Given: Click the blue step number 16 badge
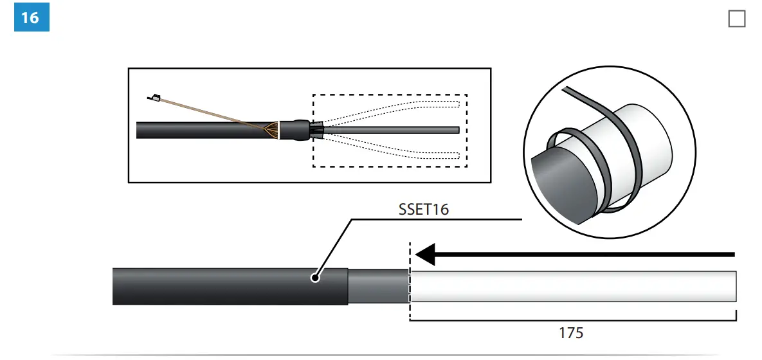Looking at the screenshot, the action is click(x=31, y=17).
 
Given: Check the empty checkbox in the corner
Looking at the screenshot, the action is click(x=736, y=19).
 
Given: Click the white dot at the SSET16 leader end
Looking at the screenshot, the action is click(x=315, y=278).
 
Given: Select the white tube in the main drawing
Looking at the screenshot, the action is click(x=572, y=286).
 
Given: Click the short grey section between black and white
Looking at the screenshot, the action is click(x=378, y=286).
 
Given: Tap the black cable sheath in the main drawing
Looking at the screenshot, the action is click(x=225, y=286).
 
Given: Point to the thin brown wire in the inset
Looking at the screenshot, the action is click(x=212, y=113).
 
